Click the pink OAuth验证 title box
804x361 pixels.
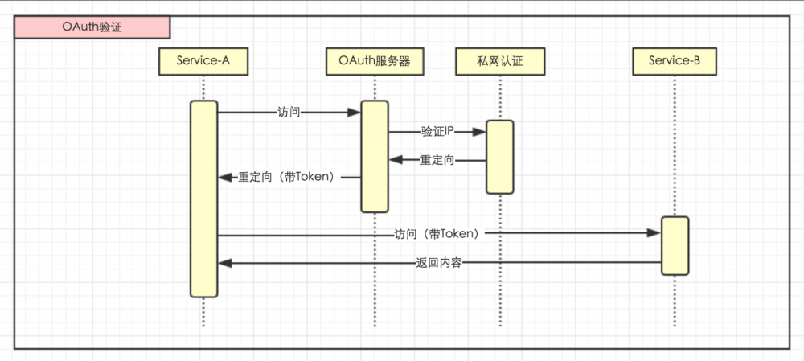92,27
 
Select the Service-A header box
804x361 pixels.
203,61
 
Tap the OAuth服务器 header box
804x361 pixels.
374,61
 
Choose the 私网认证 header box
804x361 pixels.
499,61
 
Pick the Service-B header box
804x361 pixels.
674,61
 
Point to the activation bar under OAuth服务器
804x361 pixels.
374,156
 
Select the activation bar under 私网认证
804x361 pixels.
499,157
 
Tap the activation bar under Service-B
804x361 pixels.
675,245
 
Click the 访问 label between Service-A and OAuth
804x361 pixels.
289,113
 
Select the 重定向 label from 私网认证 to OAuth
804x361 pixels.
437,161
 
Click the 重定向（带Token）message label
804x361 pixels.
285,178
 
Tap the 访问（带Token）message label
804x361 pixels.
437,234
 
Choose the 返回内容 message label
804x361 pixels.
439,263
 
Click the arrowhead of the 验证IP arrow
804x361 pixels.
479,131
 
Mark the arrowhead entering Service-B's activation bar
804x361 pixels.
654,233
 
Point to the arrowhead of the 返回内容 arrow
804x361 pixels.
224,263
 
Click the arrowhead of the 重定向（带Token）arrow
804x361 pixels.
224,178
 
